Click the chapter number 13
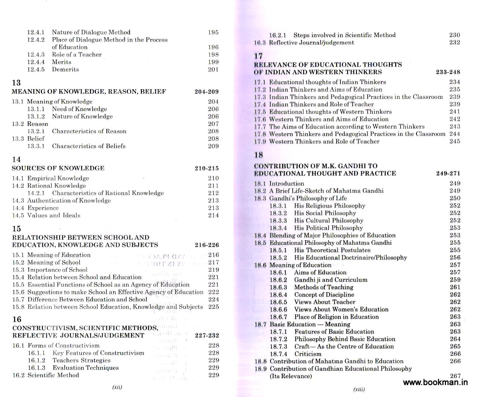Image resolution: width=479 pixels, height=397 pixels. (x=16, y=83)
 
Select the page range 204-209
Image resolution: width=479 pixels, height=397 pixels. (x=207, y=92)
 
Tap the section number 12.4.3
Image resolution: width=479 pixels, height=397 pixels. (x=36, y=55)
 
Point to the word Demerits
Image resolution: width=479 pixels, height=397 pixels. (x=65, y=69)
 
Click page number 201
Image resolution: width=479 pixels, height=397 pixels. (x=213, y=69)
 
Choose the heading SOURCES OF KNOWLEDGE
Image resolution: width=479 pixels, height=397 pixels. (x=58, y=168)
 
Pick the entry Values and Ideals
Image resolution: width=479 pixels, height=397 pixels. (x=54, y=216)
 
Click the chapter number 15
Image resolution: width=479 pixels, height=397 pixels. (x=16, y=229)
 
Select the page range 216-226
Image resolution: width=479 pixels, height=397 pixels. (x=207, y=245)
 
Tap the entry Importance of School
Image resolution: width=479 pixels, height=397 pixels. (x=57, y=270)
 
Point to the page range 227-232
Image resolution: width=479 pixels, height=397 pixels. (x=207, y=336)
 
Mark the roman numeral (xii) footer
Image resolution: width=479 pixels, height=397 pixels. (x=117, y=387)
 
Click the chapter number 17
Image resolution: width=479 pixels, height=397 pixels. (x=258, y=56)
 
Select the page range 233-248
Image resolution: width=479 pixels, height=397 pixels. (x=448, y=72)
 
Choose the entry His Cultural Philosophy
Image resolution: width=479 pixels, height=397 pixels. (x=329, y=220)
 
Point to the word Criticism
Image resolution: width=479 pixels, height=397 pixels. (x=308, y=354)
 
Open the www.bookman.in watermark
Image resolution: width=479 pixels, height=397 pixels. (x=435, y=383)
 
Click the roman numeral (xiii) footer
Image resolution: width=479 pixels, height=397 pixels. (x=359, y=390)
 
